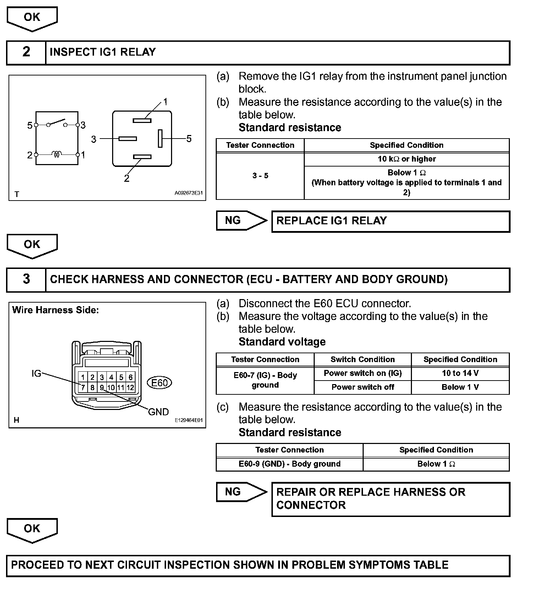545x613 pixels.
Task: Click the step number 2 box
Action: point(26,52)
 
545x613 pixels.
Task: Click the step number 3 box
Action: point(26,279)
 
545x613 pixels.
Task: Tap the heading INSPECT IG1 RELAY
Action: point(103,52)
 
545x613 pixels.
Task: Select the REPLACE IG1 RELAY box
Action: point(390,221)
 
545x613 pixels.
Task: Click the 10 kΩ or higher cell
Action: point(407,159)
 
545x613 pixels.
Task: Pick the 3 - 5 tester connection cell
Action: point(260,176)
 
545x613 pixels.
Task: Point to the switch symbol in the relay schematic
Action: point(57,123)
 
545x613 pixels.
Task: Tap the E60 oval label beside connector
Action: point(160,383)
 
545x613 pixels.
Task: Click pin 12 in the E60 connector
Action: point(130,387)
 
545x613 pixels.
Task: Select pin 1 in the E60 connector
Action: point(83,377)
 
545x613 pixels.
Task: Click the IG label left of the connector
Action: point(36,373)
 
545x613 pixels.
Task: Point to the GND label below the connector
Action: point(158,412)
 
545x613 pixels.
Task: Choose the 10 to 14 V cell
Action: point(460,373)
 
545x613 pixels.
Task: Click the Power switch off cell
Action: point(363,387)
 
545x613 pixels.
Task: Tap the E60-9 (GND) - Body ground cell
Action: point(290,464)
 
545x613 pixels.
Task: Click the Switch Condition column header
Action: point(363,359)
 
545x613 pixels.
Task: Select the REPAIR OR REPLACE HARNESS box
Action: point(390,499)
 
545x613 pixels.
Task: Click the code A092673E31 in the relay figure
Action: point(188,193)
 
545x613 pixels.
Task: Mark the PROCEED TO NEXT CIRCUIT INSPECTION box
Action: point(258,565)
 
